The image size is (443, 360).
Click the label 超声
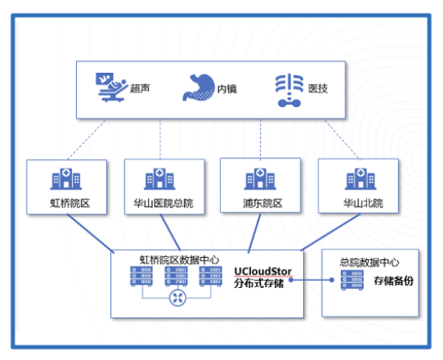[139, 88]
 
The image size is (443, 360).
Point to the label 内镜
[227, 89]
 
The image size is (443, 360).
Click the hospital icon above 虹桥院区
[64, 179]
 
